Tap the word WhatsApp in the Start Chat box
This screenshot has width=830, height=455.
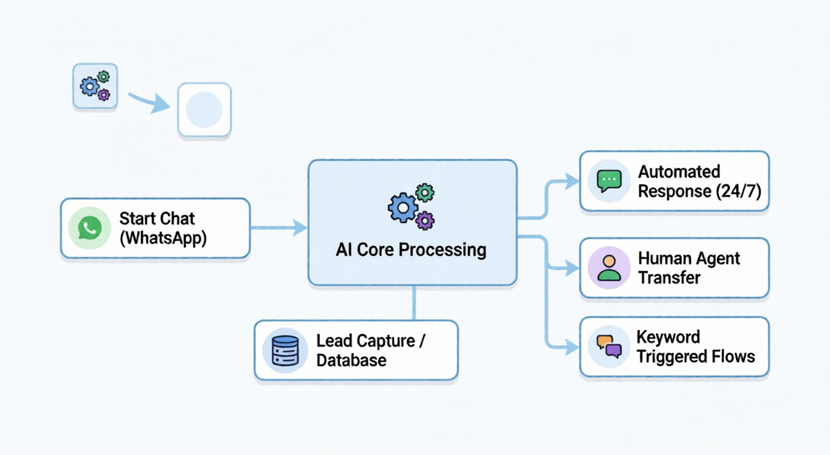(163, 238)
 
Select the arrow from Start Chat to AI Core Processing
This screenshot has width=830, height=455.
(278, 228)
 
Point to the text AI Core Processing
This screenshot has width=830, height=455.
(411, 250)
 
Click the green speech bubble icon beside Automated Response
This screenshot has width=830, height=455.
(609, 181)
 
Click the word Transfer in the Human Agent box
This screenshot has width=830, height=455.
(669, 277)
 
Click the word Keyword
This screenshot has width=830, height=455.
(668, 338)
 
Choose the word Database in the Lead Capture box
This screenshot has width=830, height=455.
(351, 360)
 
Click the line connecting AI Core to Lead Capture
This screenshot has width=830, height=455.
(413, 302)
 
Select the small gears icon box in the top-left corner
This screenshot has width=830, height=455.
(95, 87)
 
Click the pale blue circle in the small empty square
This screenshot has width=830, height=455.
(204, 109)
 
